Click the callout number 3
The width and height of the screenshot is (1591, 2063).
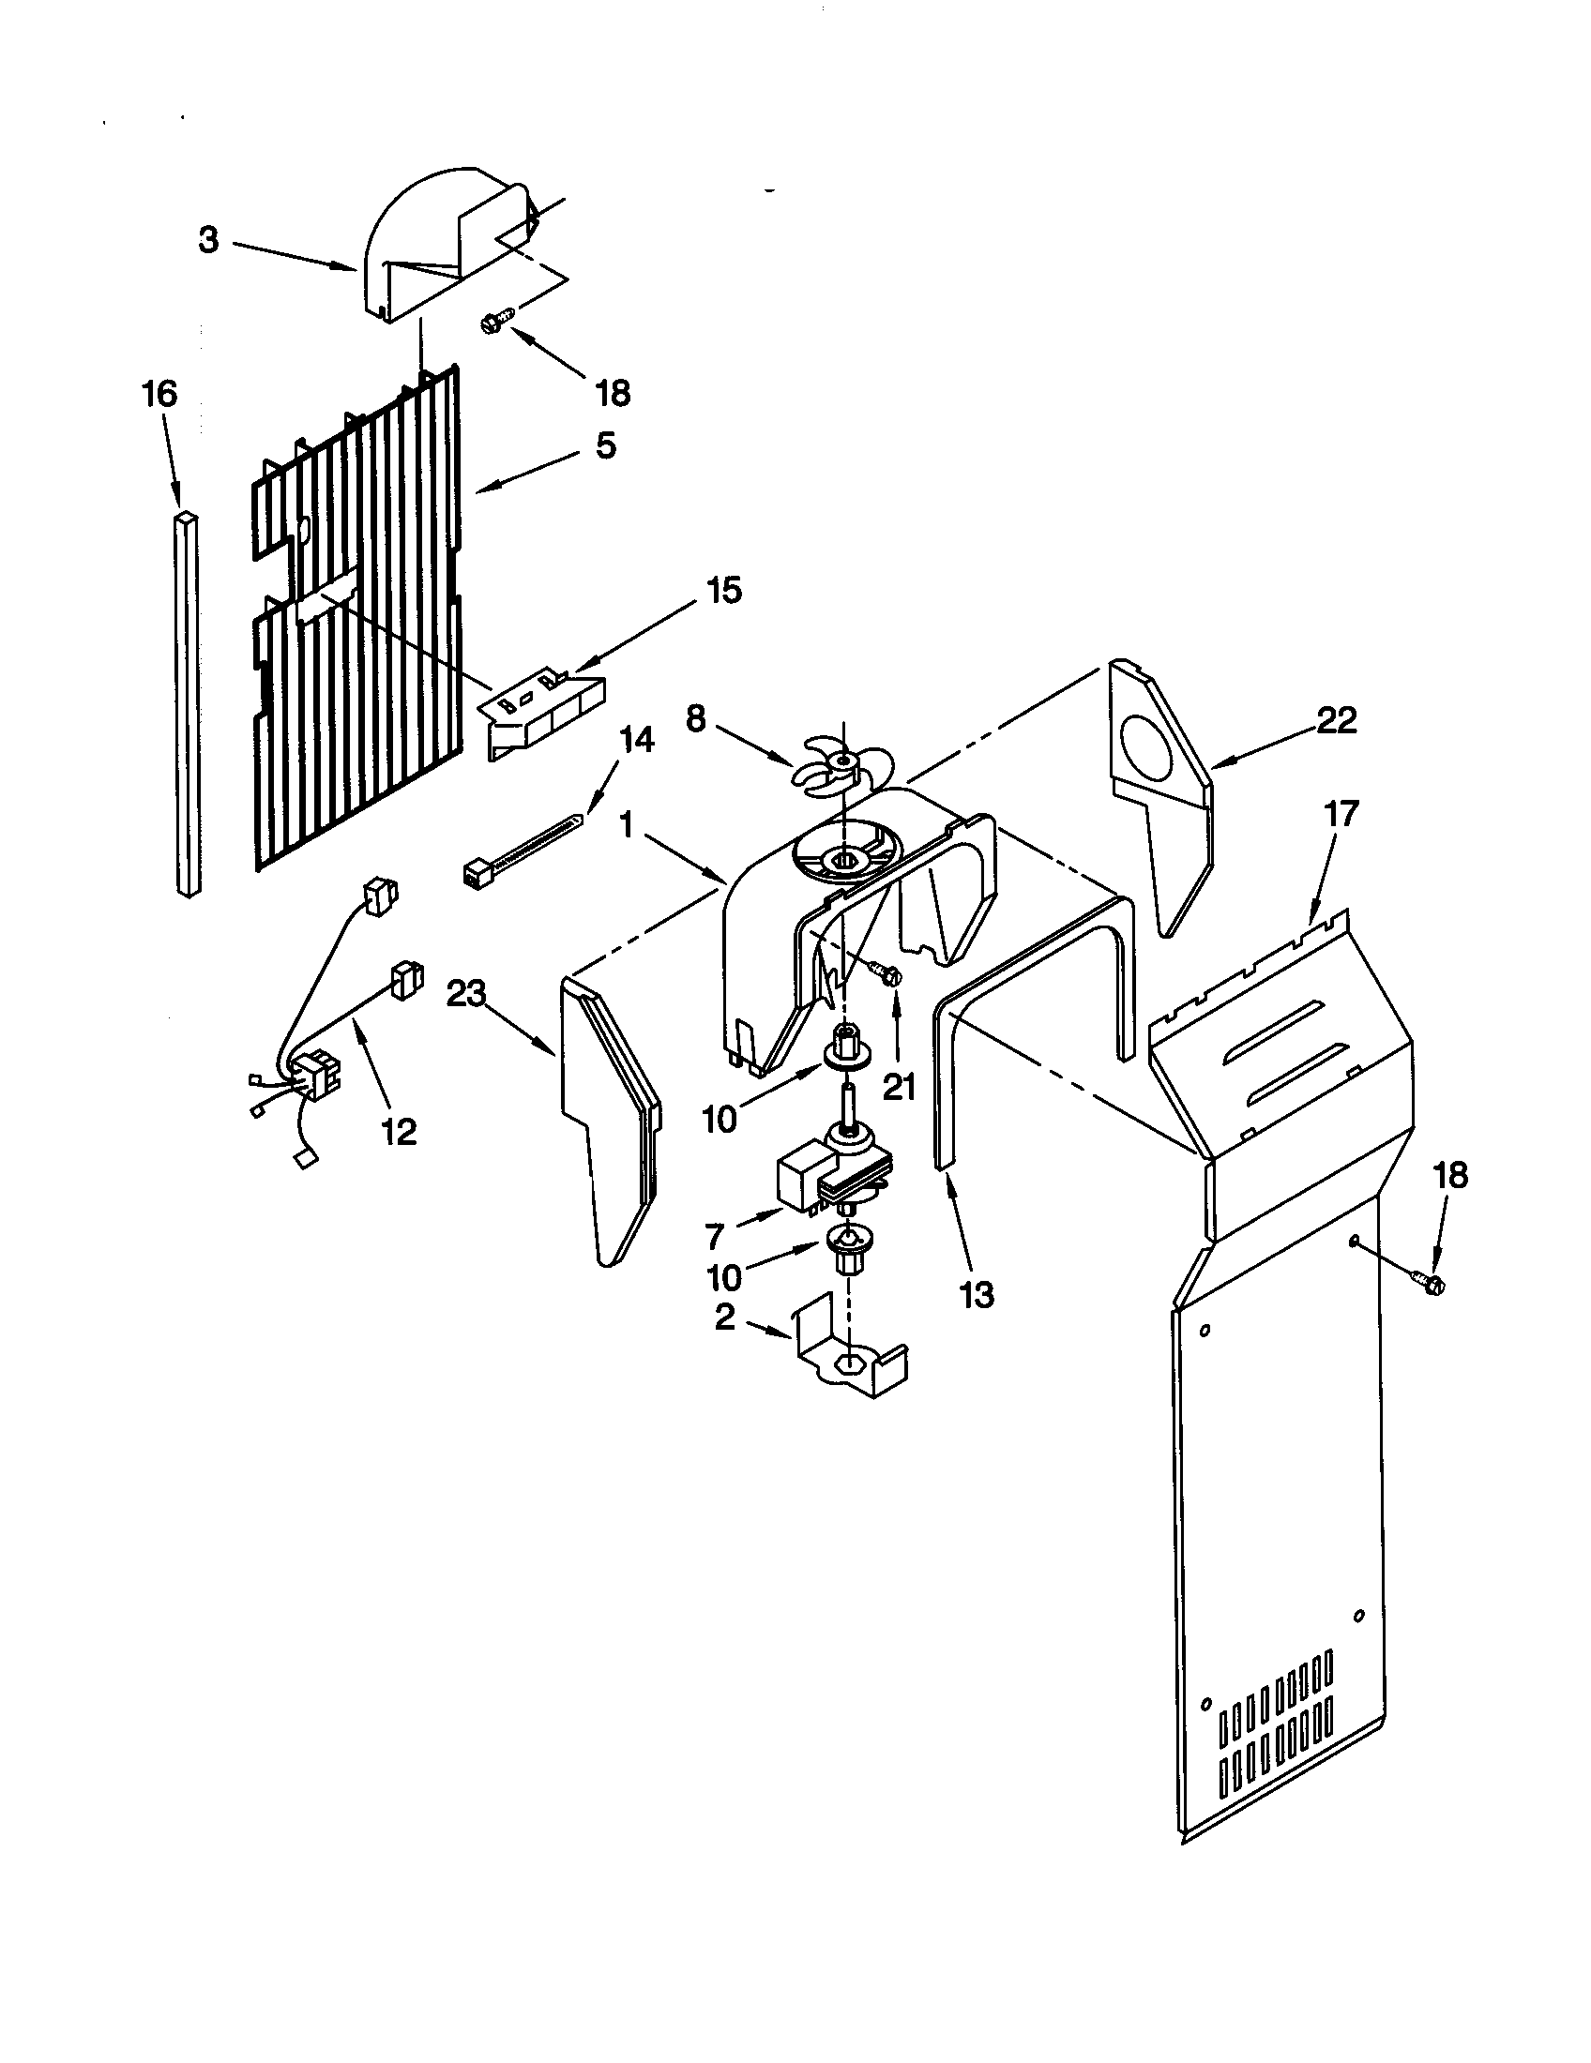(x=208, y=241)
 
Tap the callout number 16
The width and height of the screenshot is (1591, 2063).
(x=159, y=393)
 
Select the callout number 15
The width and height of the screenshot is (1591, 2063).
(x=724, y=592)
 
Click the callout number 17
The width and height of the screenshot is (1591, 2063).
(x=1341, y=813)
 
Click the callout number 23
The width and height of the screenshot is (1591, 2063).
(x=467, y=994)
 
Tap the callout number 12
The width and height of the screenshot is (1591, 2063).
(x=399, y=1131)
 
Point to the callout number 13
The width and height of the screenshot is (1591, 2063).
(x=977, y=1295)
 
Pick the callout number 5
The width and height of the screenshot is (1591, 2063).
(x=606, y=444)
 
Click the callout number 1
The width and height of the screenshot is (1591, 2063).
(x=626, y=824)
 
